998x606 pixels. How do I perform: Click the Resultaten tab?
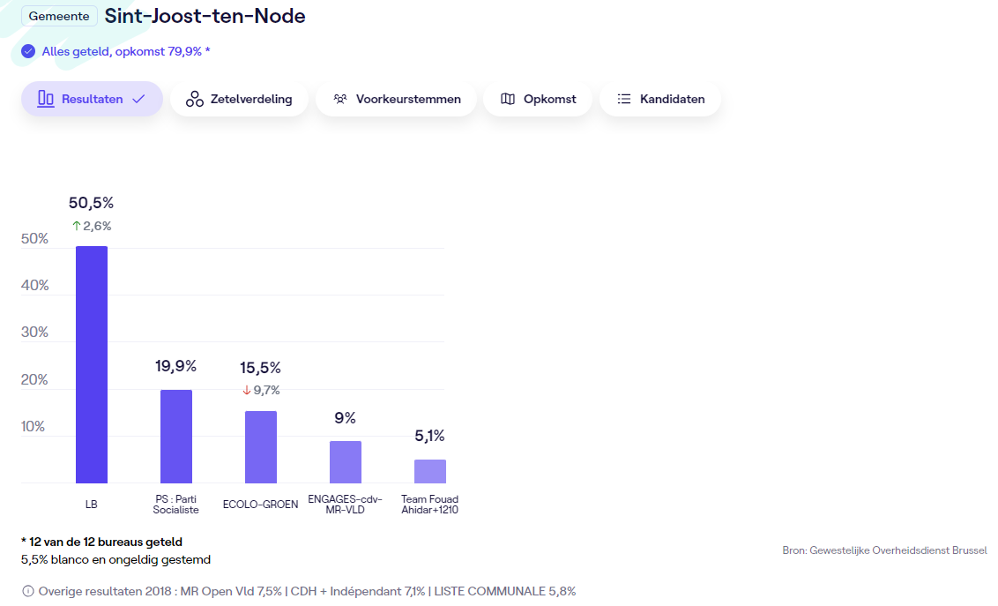click(x=92, y=99)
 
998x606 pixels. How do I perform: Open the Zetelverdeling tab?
click(x=239, y=99)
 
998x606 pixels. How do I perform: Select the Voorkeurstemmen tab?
click(x=396, y=99)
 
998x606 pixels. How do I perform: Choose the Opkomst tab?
click(x=538, y=99)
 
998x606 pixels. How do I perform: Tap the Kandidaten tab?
click(x=660, y=99)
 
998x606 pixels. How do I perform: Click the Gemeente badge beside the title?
click(x=59, y=16)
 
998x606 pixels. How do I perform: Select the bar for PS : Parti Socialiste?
click(x=176, y=436)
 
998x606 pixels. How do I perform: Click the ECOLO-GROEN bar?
click(x=261, y=446)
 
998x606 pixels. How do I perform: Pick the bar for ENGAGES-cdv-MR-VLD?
click(x=346, y=461)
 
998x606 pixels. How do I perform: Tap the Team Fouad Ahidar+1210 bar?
click(x=430, y=471)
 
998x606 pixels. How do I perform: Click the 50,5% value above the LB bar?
click(x=92, y=203)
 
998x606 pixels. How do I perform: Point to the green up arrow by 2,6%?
click(x=76, y=226)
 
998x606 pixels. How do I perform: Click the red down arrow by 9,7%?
click(x=247, y=390)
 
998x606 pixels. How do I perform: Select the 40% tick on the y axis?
click(x=34, y=286)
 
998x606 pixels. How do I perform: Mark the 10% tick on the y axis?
click(x=34, y=427)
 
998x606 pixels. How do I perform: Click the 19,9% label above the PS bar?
click(x=176, y=366)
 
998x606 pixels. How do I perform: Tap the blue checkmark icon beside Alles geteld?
click(x=28, y=51)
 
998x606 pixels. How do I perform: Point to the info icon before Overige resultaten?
click(x=28, y=591)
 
